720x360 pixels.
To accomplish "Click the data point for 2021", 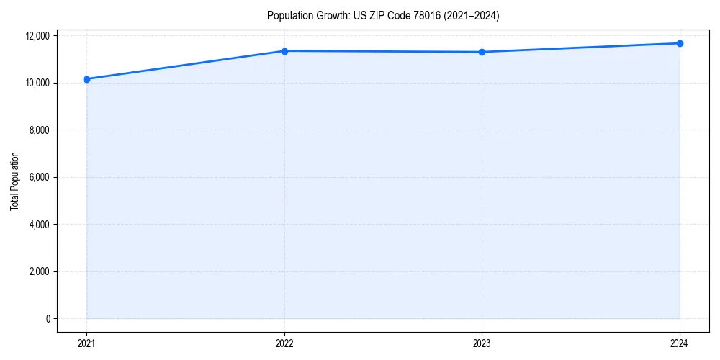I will point(86,79).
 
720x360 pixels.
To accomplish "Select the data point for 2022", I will point(284,51).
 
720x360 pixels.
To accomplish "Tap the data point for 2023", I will point(482,52).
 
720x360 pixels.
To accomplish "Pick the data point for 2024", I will point(680,43).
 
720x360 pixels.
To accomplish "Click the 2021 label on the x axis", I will point(86,343).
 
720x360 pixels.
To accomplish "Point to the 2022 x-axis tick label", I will point(284,343).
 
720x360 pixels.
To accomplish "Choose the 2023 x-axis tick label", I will point(482,343).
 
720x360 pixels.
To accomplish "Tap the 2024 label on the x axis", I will point(680,343).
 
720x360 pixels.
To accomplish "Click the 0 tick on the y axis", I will point(47,319).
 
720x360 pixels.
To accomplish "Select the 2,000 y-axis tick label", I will point(40,271).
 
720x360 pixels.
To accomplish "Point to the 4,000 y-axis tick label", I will point(40,225).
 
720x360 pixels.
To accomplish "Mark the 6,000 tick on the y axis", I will point(40,177).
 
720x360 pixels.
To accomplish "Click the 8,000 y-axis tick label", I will point(40,130).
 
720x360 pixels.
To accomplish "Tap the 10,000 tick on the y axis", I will point(38,83).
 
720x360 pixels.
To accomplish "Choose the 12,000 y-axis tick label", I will point(38,36).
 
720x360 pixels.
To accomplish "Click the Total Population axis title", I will point(14,181).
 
